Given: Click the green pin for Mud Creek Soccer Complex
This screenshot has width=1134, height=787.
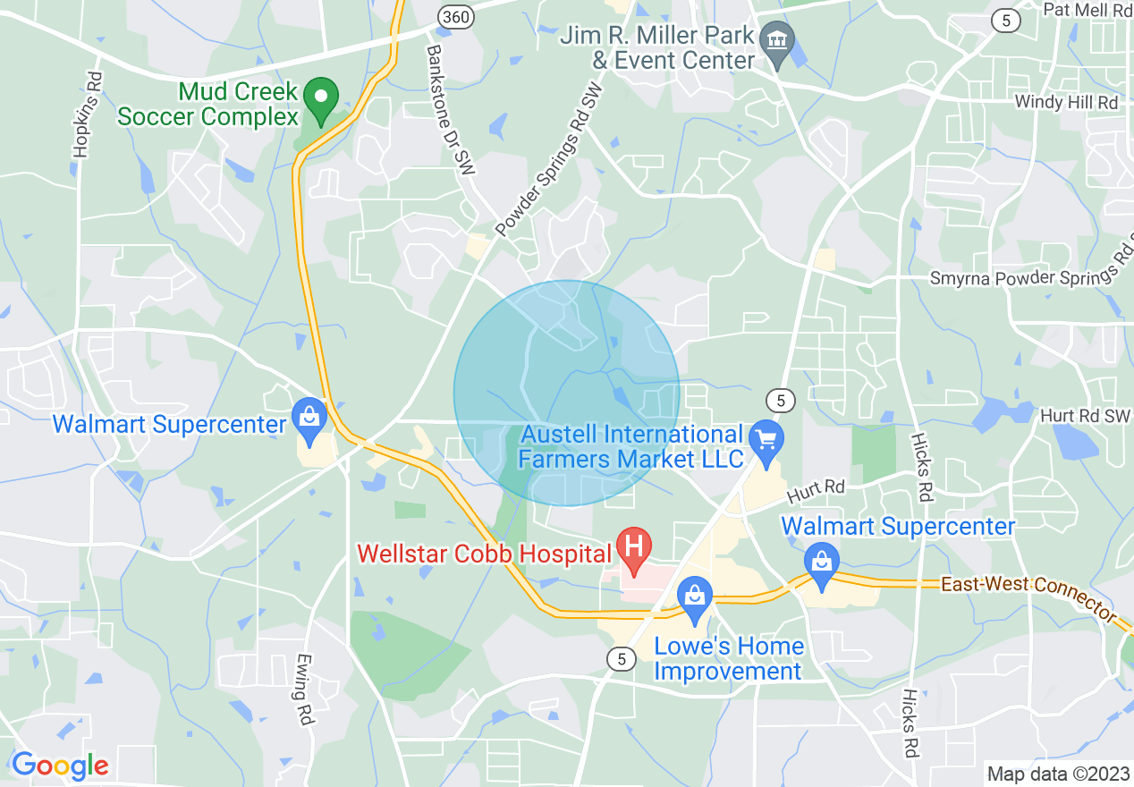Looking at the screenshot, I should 321,95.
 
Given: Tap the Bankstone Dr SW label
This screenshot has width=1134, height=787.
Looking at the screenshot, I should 449,115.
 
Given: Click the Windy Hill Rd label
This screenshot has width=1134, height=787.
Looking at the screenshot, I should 1066,103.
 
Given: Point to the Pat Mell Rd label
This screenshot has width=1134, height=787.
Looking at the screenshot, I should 1087,10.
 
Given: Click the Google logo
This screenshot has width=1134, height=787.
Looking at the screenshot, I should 59,766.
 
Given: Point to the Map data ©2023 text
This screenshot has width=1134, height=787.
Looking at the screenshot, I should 1058,773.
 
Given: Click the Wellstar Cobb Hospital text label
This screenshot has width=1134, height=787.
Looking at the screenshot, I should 484,554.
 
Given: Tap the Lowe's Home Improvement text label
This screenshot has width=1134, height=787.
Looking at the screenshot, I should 729,658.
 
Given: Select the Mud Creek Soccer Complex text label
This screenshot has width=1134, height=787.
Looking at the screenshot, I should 207,104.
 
